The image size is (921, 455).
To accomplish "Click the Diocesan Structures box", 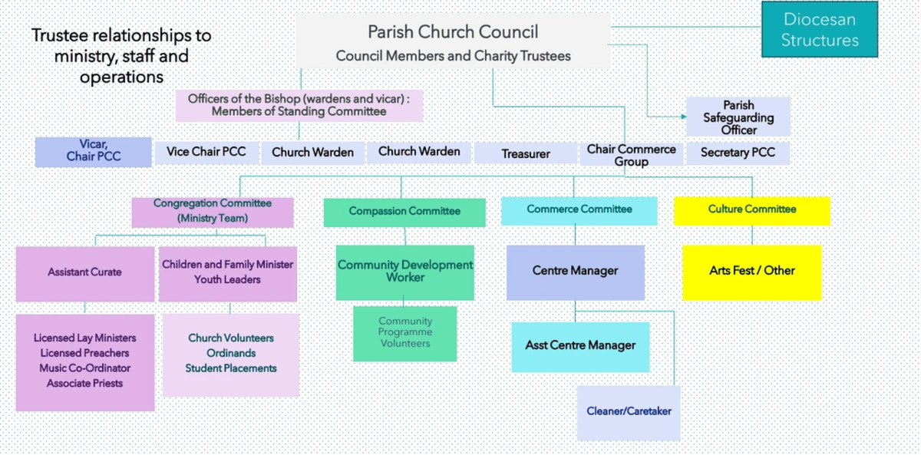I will pyautogui.click(x=820, y=29).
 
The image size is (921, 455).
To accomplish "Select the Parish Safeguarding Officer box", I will pyautogui.click(x=738, y=117).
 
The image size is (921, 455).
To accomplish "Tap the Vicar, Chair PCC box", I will pyautogui.click(x=93, y=151).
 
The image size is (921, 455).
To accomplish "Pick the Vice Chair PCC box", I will pyautogui.click(x=206, y=152).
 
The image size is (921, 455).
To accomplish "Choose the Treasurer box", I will pyautogui.click(x=526, y=153).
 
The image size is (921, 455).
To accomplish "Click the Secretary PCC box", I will pyautogui.click(x=738, y=153).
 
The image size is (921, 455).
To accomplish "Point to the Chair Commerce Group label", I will pyautogui.click(x=631, y=155).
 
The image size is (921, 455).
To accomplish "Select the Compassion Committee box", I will pyautogui.click(x=404, y=212).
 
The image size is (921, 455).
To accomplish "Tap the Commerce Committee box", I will pyautogui.click(x=579, y=210).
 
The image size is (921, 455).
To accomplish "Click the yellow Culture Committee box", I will pyautogui.click(x=752, y=210).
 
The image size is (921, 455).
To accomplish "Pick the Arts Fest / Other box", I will pyautogui.click(x=752, y=272).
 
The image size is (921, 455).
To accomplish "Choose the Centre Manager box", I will pyautogui.click(x=575, y=272).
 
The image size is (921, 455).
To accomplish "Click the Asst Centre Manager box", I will pyautogui.click(x=580, y=346).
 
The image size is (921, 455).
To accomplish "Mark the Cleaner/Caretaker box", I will pyautogui.click(x=629, y=412).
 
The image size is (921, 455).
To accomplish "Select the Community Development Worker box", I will pyautogui.click(x=405, y=272).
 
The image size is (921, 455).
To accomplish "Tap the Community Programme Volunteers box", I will pyautogui.click(x=404, y=333).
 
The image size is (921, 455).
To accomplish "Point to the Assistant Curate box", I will pyautogui.click(x=84, y=273).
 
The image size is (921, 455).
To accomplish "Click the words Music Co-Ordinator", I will pyautogui.click(x=84, y=368).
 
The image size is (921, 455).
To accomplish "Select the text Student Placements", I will pyautogui.click(x=230, y=368).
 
